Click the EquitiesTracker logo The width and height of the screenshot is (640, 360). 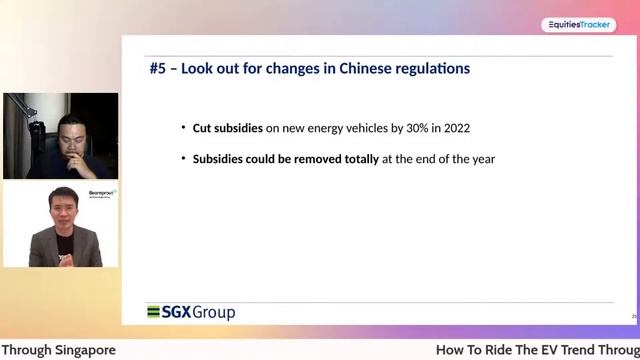pyautogui.click(x=579, y=25)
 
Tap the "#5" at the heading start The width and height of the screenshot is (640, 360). pyautogui.click(x=157, y=69)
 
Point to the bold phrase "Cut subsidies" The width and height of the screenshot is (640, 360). pyautogui.click(x=227, y=128)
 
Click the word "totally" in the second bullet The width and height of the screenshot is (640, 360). pyautogui.click(x=359, y=159)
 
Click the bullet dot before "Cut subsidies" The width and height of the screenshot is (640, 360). pyautogui.click(x=183, y=128)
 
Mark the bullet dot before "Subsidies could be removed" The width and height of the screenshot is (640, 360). pyautogui.click(x=183, y=159)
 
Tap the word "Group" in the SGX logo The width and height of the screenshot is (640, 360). pyautogui.click(x=214, y=312)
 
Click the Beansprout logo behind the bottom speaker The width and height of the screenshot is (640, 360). pyautogui.click(x=102, y=192)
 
